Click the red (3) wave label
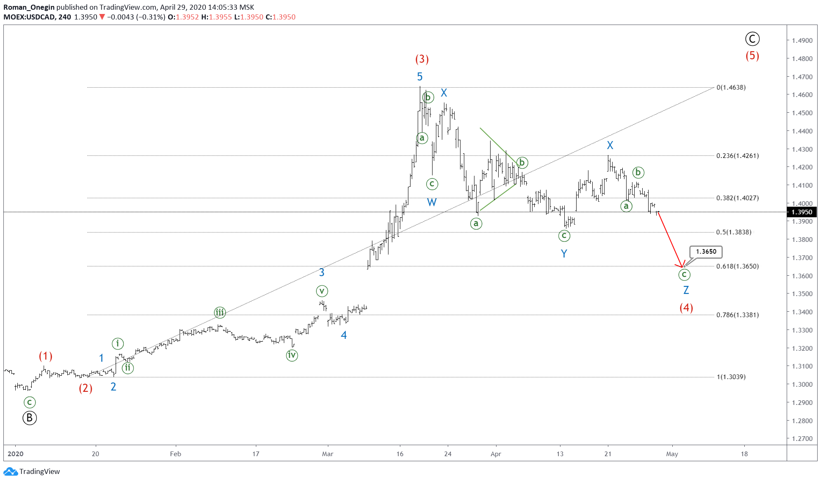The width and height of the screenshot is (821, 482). pos(422,59)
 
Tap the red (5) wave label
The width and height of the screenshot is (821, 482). pos(752,56)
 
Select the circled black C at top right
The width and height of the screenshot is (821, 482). pos(752,39)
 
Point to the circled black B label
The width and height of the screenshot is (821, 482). pos(29,418)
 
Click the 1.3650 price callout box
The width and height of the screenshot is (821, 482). pos(706,252)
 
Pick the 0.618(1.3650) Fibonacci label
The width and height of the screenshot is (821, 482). pos(737,266)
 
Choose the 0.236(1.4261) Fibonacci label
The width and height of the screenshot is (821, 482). pos(737,156)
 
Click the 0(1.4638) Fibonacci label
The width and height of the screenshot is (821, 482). pos(731,88)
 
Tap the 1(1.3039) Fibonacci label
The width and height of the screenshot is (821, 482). pos(731,377)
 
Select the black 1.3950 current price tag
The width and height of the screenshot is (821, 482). pos(802,212)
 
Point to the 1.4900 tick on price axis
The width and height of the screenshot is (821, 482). pos(802,41)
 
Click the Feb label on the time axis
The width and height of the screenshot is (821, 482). pos(175,454)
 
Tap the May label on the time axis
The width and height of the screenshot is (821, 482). pos(672,454)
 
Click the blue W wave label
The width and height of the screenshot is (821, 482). pos(431,202)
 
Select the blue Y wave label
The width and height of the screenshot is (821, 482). pos(564,254)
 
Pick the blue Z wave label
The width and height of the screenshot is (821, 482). pos(686,290)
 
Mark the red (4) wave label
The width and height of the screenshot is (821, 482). pos(686,308)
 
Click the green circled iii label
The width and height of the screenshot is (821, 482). pos(219,313)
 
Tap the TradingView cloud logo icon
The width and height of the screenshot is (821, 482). pos(10,471)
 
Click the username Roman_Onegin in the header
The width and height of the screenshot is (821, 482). pos(29,7)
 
